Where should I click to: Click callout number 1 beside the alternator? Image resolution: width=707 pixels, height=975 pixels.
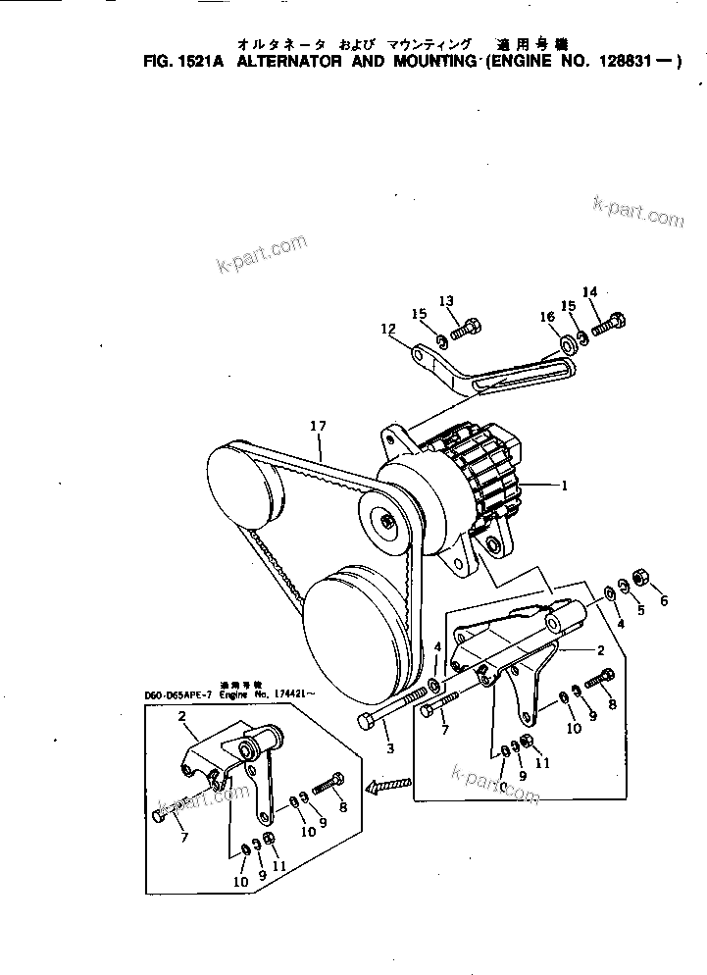(564, 486)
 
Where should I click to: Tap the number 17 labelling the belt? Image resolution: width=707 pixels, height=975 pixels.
(317, 427)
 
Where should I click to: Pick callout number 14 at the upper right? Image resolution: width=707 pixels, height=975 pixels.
(589, 292)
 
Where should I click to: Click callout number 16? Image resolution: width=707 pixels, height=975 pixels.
(547, 317)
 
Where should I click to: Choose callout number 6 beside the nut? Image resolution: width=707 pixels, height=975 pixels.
(662, 600)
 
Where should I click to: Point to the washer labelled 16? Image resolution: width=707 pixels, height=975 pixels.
(567, 344)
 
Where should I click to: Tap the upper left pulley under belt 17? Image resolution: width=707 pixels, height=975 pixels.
(240, 485)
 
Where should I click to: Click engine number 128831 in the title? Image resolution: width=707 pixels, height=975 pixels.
(629, 61)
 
